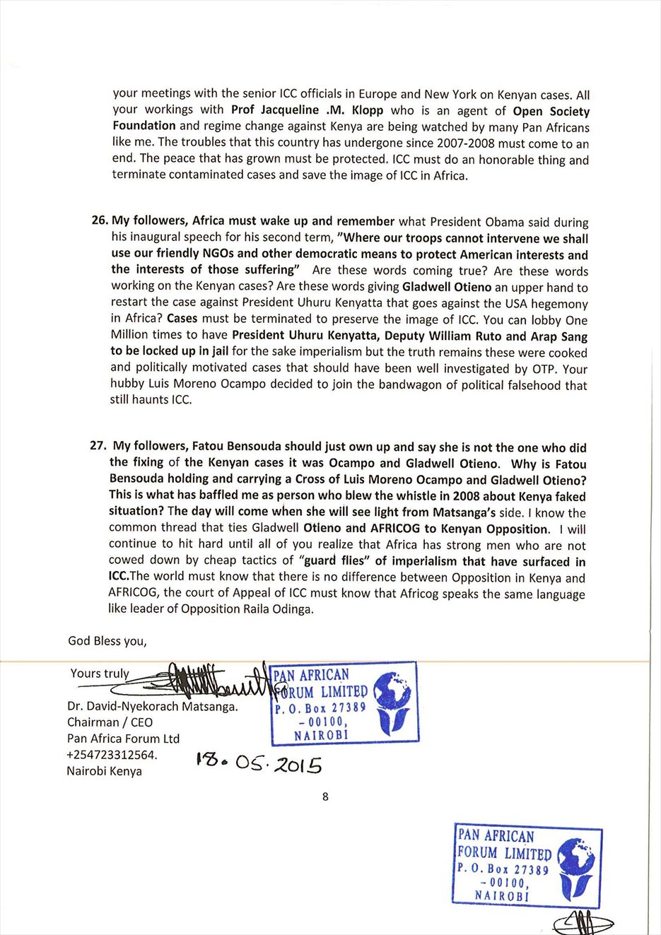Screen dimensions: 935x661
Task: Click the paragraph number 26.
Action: tap(100, 220)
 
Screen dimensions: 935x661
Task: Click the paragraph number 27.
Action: tap(98, 445)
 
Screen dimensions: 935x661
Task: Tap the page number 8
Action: tap(325, 796)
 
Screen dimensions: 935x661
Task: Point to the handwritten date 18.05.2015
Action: tap(259, 763)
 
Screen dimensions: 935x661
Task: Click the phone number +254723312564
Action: tap(112, 755)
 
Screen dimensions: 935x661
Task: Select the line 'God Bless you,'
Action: tap(107, 641)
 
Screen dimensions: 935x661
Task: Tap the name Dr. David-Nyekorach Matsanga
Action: tap(153, 706)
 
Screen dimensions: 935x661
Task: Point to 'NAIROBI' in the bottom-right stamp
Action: tap(502, 895)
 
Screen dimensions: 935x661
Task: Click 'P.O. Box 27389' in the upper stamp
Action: tap(320, 707)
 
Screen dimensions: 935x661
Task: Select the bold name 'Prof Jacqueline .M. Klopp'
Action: tap(307, 110)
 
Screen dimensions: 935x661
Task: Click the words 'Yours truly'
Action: tap(100, 674)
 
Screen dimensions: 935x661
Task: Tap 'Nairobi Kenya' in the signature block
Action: tap(104, 771)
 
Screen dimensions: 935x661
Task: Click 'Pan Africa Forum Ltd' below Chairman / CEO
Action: tap(123, 739)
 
